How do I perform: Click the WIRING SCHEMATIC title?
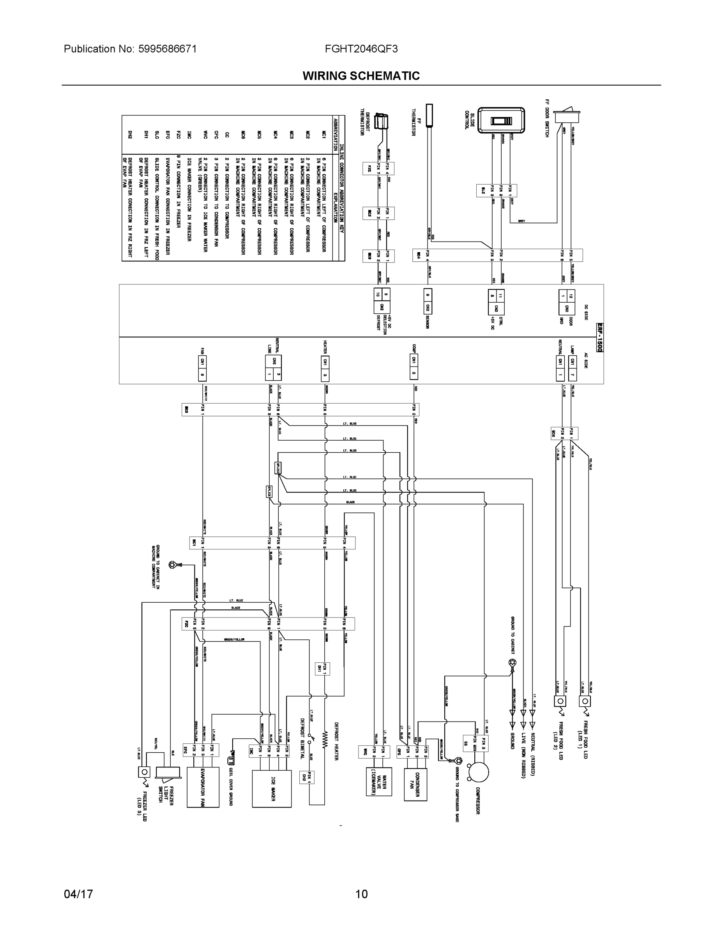(361, 76)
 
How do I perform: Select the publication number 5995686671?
(167, 49)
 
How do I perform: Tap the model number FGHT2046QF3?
(361, 49)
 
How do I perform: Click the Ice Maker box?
(272, 789)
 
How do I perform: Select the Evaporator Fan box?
(203, 787)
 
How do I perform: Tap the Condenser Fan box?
(415, 784)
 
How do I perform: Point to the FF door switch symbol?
(567, 117)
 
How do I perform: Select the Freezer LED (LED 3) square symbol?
(144, 772)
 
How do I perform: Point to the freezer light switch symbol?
(168, 772)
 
